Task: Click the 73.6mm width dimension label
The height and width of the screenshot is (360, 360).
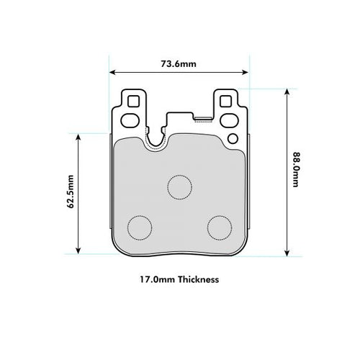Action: click(179, 63)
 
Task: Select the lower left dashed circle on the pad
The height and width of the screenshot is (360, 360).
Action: click(139, 228)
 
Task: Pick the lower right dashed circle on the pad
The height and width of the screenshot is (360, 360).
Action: click(220, 228)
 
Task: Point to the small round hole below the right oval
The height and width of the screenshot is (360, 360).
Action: click(232, 138)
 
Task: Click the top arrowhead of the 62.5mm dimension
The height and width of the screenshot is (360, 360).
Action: click(77, 137)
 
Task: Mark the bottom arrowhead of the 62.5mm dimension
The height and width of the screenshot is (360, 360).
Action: click(77, 251)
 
